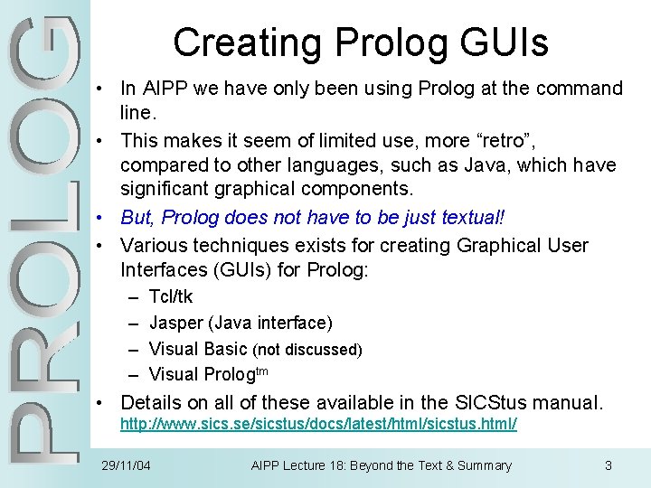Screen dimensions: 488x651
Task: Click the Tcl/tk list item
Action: pos(170,296)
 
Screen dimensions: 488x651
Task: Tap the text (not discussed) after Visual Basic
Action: pos(307,349)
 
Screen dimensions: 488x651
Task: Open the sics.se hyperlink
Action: pos(318,424)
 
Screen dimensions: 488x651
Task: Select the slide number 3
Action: pos(609,465)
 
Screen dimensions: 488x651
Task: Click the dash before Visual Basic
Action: pos(134,349)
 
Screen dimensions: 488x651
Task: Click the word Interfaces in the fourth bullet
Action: pos(165,271)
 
